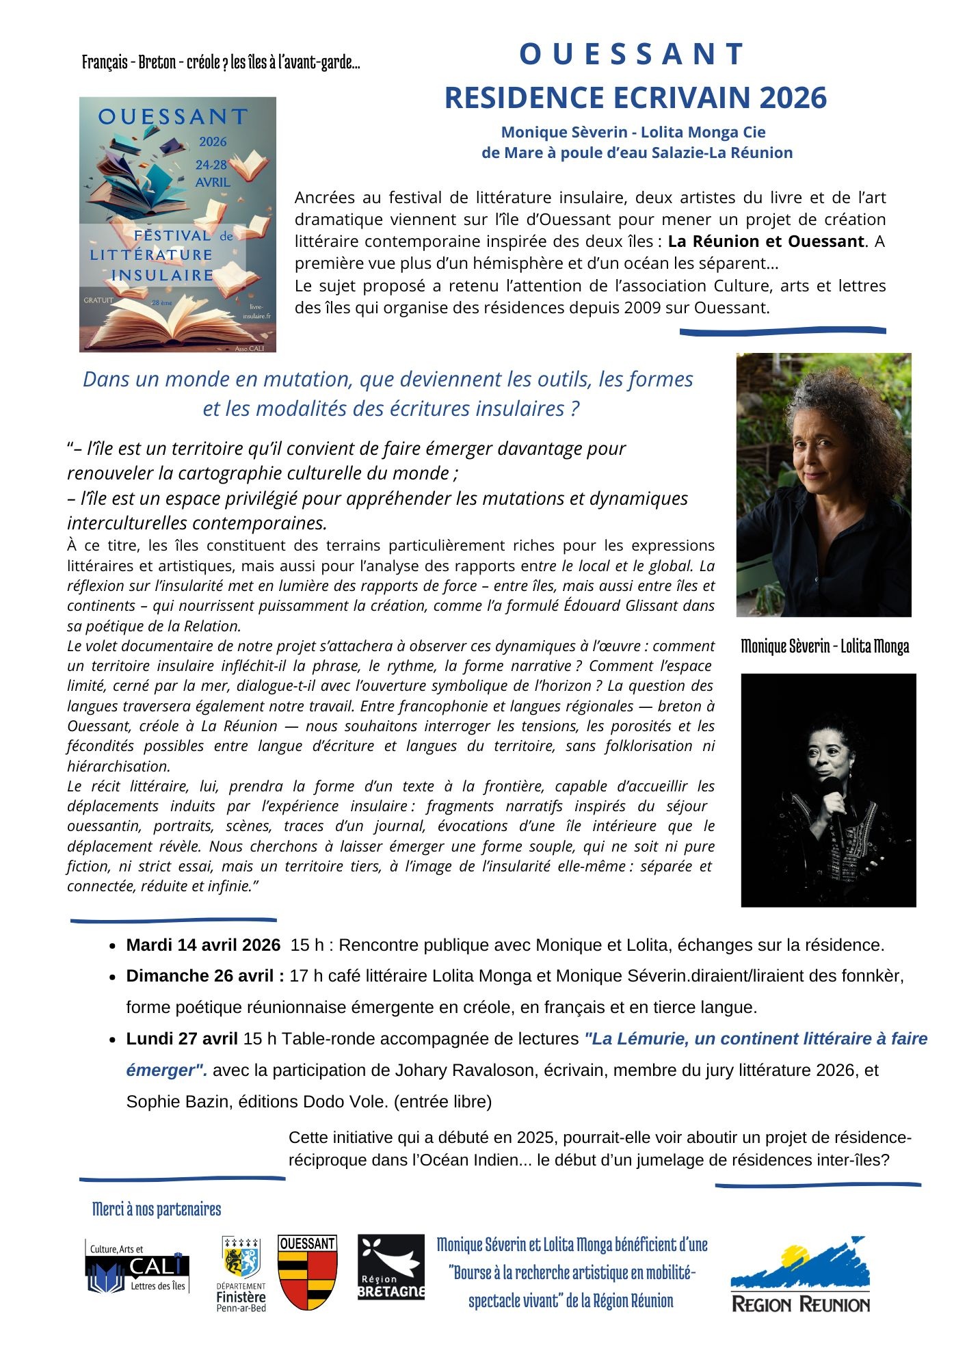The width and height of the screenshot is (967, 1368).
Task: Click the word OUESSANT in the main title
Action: point(632,55)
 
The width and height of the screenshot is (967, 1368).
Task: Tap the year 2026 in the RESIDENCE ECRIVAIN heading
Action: point(793,98)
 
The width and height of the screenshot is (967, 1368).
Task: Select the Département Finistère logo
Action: point(241,1274)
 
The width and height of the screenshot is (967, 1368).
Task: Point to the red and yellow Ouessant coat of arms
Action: point(307,1272)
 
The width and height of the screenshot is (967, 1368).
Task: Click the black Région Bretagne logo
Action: point(391,1267)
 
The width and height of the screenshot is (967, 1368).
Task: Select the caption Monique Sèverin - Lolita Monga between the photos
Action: point(825,646)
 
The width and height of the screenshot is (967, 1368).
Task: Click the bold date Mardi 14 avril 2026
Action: point(203,945)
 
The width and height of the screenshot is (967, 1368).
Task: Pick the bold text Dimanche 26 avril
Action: point(205,976)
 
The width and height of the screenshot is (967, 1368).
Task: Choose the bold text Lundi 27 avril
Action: point(182,1039)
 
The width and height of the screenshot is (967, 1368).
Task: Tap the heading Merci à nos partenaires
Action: point(157,1209)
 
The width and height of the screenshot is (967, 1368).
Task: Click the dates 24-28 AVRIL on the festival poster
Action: point(213,174)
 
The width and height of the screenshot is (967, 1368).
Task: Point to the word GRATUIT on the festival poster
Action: point(98,300)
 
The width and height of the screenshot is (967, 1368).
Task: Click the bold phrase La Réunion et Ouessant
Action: point(766,241)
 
